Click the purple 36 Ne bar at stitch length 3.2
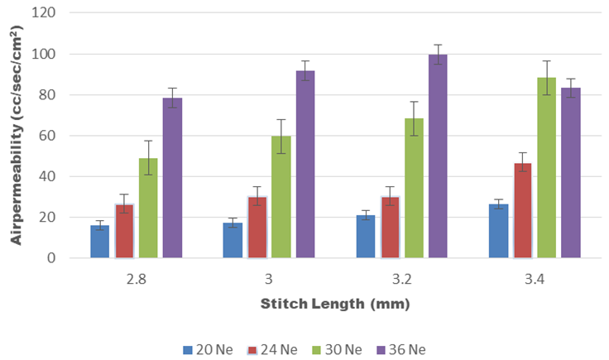pyautogui.click(x=438, y=156)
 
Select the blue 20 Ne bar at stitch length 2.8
pyautogui.click(x=100, y=241)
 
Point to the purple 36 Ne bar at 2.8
pyautogui.click(x=172, y=178)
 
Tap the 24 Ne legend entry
pyautogui.click(x=272, y=349)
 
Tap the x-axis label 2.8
pyautogui.click(x=137, y=279)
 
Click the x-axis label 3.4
pyautogui.click(x=535, y=279)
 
